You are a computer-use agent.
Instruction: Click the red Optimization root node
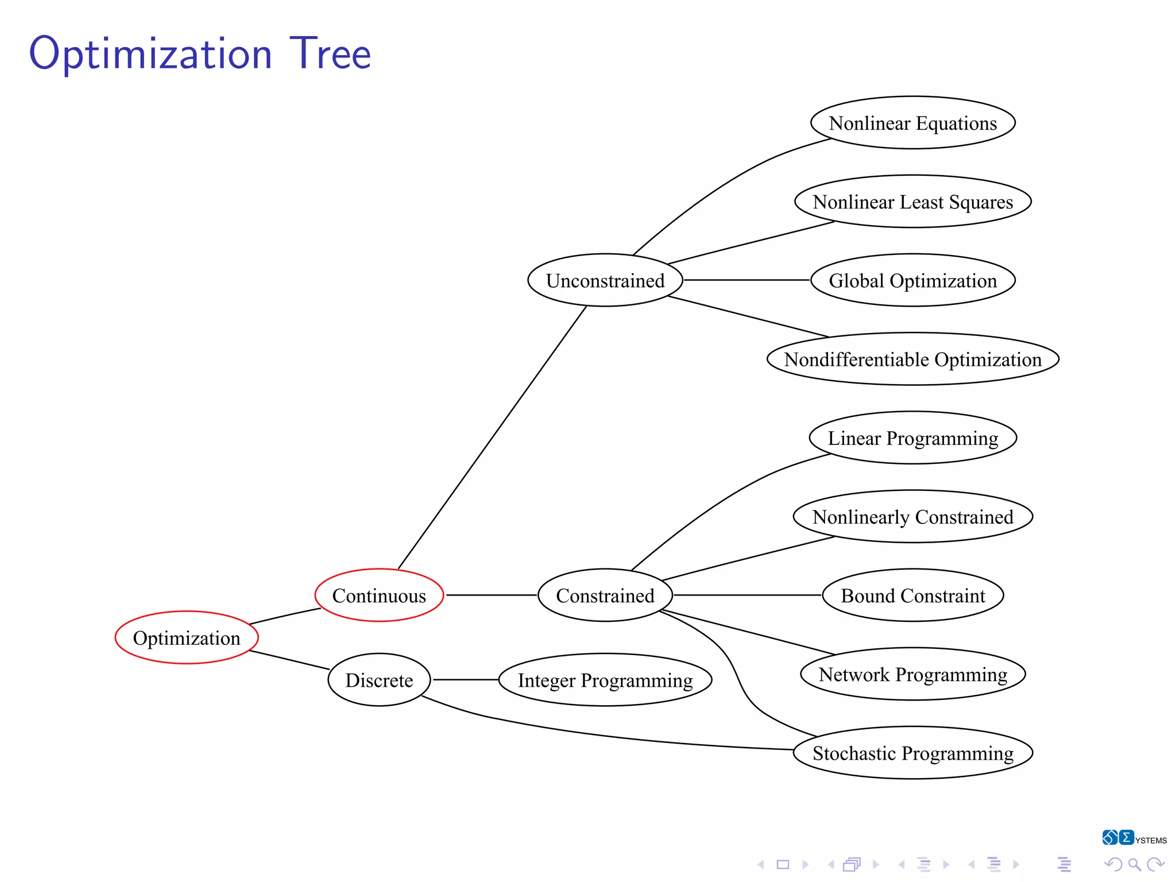(187, 637)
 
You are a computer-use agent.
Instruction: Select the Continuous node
(379, 595)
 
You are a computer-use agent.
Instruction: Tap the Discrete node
(379, 680)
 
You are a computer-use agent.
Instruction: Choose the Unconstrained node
(605, 280)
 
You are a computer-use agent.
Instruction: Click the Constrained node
(605, 595)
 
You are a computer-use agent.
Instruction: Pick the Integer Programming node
(605, 680)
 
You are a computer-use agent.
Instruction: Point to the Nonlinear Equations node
(913, 123)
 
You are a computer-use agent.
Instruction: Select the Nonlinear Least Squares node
(913, 202)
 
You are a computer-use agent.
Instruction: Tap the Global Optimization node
(913, 280)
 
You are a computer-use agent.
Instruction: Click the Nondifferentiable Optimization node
(913, 359)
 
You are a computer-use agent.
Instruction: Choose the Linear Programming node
(913, 438)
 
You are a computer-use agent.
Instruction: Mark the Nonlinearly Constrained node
(913, 516)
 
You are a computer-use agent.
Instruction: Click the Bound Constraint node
(913, 595)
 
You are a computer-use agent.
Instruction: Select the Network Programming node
(913, 674)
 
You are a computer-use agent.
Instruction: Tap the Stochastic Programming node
(913, 753)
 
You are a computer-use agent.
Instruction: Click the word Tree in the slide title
(330, 53)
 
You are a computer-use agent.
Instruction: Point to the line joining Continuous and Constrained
(491, 595)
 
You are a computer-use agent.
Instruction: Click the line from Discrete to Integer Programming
(465, 679)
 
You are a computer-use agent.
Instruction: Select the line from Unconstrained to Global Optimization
(746, 280)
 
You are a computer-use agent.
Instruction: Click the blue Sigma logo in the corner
(1126, 837)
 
